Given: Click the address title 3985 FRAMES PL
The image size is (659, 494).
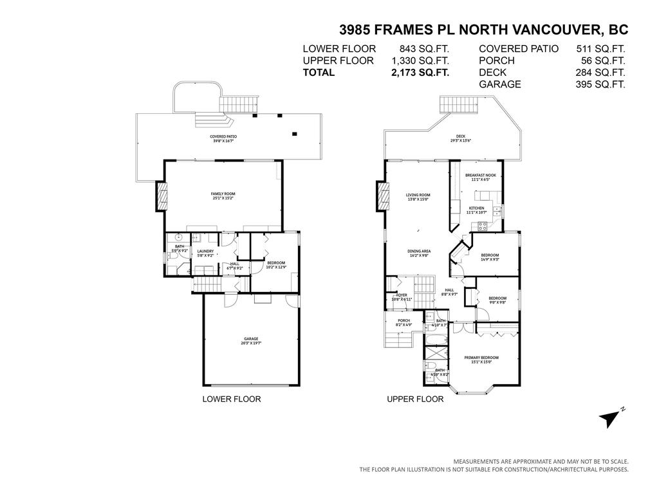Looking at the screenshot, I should tap(483, 30).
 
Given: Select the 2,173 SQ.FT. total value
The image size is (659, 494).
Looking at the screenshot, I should tap(420, 73).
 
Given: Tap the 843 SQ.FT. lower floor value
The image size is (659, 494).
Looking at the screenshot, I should tap(424, 48).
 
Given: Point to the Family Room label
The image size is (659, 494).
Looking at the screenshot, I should tap(223, 196).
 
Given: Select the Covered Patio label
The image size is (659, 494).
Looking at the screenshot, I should tap(223, 138).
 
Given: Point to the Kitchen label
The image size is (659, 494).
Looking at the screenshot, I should tap(476, 210).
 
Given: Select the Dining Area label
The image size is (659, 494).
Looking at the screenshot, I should tap(418, 253).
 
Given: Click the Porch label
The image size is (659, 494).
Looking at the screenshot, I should tap(404, 322).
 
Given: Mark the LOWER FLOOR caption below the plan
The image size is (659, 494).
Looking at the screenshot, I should tap(232, 399).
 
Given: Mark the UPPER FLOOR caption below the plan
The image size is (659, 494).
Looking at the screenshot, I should tap(415, 399).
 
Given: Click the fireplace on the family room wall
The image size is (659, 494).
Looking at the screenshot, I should tap(160, 196).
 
